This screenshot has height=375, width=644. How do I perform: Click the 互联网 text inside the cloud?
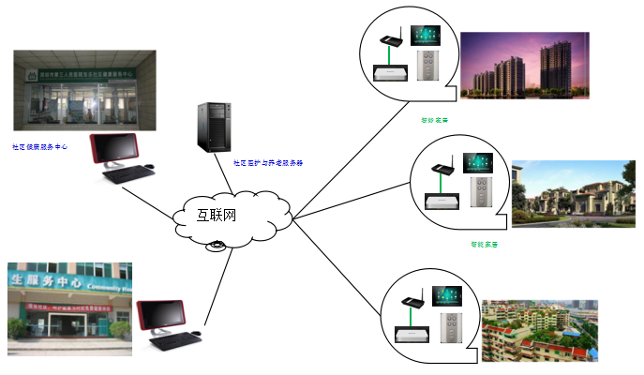(x=217, y=215)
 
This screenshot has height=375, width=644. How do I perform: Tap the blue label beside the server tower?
(x=268, y=162)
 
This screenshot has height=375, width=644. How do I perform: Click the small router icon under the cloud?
(x=217, y=246)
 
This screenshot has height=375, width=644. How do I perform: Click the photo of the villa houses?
(x=573, y=194)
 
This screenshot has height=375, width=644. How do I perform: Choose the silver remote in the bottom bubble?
(x=447, y=331)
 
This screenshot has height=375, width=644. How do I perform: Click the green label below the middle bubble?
(x=484, y=245)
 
